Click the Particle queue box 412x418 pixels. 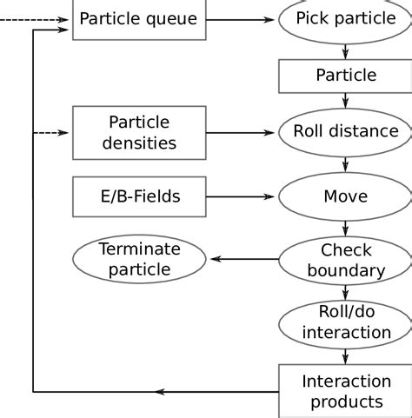pyautogui.click(x=139, y=18)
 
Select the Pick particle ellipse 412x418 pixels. pyautogui.click(x=345, y=19)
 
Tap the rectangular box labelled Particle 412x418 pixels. pyautogui.click(x=345, y=76)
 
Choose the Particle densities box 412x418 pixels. pyautogui.click(x=139, y=132)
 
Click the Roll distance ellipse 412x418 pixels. pyautogui.click(x=345, y=132)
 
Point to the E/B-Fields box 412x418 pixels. pyautogui.click(x=139, y=196)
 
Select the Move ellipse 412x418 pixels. pyautogui.click(x=345, y=196)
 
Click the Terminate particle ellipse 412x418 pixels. pyautogui.click(x=139, y=259)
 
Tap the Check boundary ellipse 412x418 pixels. pyautogui.click(x=345, y=259)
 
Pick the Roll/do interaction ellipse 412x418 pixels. pyautogui.click(x=345, y=322)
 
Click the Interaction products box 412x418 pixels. pyautogui.click(x=345, y=391)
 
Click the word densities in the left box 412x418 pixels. pyautogui.click(x=139, y=142)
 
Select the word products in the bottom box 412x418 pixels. pyautogui.click(x=346, y=401)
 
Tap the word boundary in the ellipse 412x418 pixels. pyautogui.click(x=346, y=270)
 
